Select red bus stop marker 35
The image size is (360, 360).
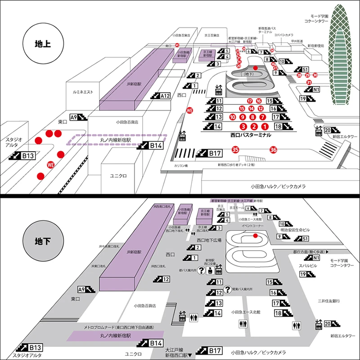[235, 149]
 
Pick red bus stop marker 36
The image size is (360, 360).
[273, 149]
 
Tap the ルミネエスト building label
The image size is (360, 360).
[83, 92]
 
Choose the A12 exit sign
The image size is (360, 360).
[161, 95]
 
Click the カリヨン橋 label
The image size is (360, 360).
[181, 166]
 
